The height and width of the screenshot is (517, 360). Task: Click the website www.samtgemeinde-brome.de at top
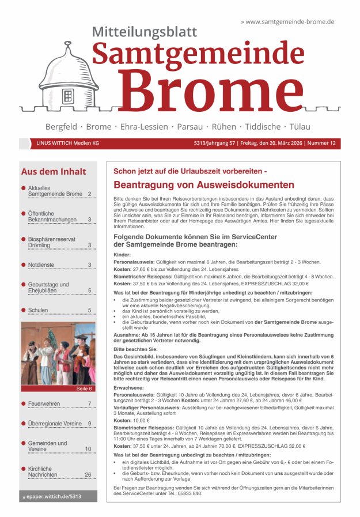click(x=290, y=21)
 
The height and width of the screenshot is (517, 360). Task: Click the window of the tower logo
click(x=68, y=96)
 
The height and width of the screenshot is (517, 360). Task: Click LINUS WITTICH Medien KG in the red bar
click(x=67, y=144)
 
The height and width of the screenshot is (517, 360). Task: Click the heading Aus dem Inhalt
click(x=54, y=172)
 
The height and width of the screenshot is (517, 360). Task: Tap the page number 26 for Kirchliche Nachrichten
click(x=88, y=474)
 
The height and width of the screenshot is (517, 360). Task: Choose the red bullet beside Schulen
click(x=24, y=310)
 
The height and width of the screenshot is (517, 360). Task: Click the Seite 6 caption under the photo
click(x=84, y=389)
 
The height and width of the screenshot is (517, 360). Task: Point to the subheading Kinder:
click(x=122, y=255)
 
